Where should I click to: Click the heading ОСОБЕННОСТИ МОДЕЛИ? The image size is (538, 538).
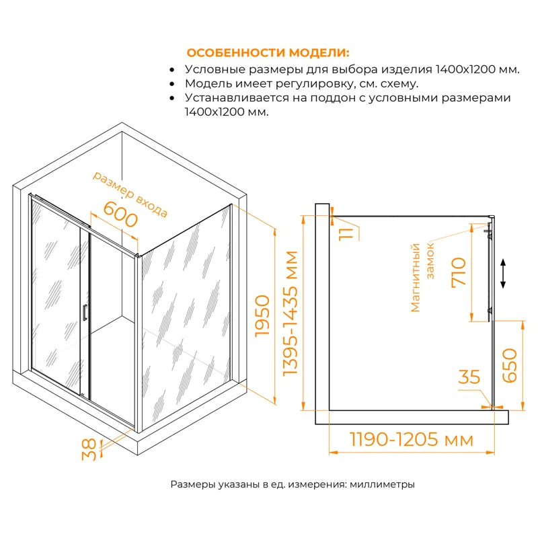(x=268, y=53)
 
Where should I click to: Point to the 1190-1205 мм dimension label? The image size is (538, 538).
(x=412, y=440)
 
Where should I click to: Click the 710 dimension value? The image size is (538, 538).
(x=461, y=272)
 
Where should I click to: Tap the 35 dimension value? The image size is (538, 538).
(x=470, y=377)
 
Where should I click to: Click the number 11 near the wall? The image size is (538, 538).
(x=346, y=234)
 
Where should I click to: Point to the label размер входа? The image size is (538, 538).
(x=130, y=194)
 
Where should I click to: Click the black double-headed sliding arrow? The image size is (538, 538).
(x=502, y=274)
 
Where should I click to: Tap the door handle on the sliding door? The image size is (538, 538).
(x=84, y=313)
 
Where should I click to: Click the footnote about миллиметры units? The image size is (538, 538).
(x=292, y=484)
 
